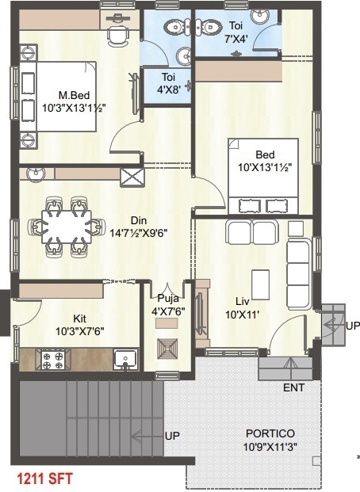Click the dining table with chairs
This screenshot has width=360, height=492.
[66, 227]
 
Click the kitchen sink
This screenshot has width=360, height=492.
[125, 360]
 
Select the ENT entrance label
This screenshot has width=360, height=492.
[293, 389]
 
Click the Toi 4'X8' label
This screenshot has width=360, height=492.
[168, 82]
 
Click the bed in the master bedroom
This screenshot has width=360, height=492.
[56, 99]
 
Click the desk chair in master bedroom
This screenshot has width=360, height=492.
[117, 33]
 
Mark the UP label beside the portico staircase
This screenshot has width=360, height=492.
[171, 437]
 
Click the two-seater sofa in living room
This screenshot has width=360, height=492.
[251, 233]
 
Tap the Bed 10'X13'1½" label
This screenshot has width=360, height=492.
[264, 160]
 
